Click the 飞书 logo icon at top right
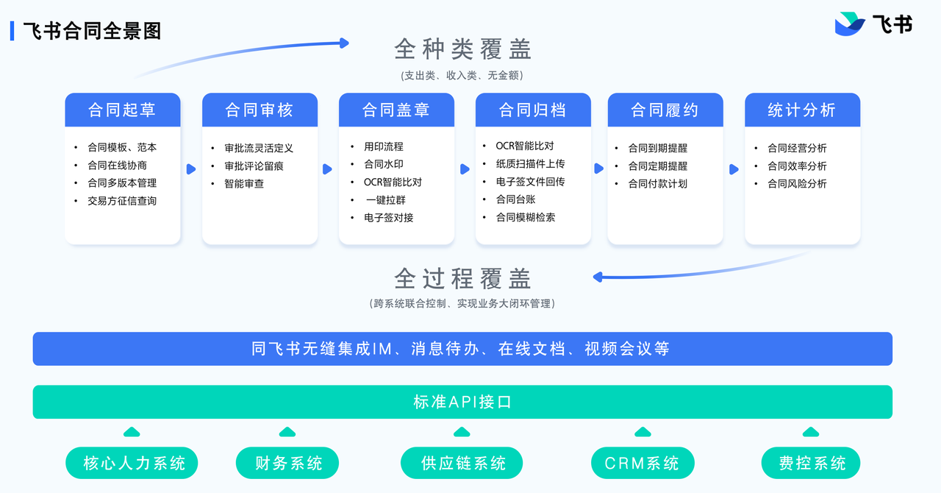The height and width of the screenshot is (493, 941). coord(850,24)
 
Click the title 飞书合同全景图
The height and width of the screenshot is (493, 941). coord(92,31)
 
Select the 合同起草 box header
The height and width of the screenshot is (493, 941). coord(122,110)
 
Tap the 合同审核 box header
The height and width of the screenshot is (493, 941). coord(260,110)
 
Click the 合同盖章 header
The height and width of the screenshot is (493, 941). coord(396,110)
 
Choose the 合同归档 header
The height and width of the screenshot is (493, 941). coord(533,110)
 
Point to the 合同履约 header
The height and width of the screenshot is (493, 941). coord(665,110)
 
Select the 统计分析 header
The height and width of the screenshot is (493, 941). coord(802,110)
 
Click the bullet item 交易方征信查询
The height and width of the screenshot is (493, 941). coord(122,201)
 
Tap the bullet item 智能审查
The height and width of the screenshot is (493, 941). coord(244,184)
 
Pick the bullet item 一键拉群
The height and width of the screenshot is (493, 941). coord(385,200)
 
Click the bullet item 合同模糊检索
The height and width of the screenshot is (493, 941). coord(526,218)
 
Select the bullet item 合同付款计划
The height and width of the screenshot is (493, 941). coord(657,184)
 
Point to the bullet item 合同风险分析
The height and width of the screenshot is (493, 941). coord(797,184)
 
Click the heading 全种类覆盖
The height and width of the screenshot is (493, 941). coord(462,49)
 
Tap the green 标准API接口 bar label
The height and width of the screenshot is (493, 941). coord(462,402)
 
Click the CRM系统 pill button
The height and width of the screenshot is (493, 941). coord(642,464)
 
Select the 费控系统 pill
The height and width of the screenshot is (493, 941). coord(812,464)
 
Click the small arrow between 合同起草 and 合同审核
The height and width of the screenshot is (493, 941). coord(191,169)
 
